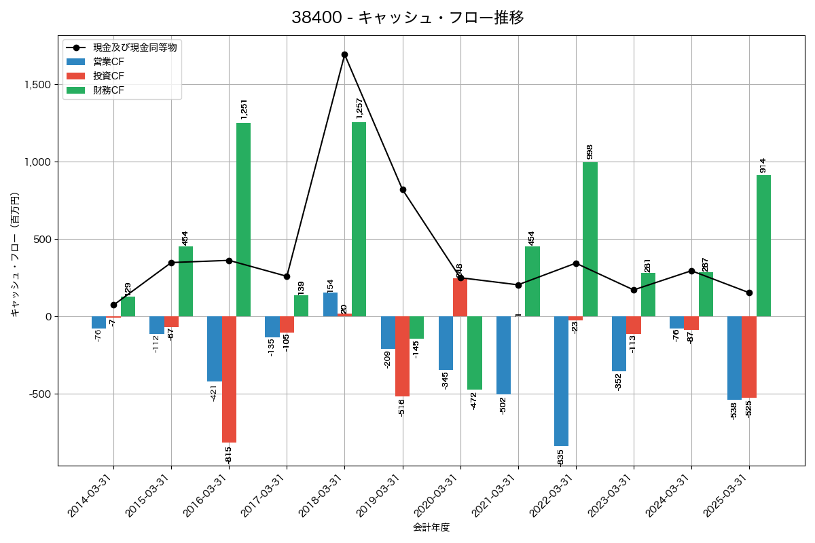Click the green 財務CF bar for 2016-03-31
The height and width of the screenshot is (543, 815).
pyautogui.click(x=243, y=219)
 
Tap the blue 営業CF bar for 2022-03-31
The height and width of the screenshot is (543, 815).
pyautogui.click(x=561, y=381)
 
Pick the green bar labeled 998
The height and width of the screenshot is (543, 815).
pyautogui.click(x=590, y=239)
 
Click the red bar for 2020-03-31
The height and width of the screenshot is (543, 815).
pyautogui.click(x=460, y=297)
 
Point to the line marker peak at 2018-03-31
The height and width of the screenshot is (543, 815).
pyautogui.click(x=344, y=54)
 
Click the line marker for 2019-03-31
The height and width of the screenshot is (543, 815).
pyautogui.click(x=403, y=190)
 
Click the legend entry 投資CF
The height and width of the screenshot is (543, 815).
pyautogui.click(x=109, y=75)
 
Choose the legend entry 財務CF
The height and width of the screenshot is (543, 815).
pyautogui.click(x=109, y=90)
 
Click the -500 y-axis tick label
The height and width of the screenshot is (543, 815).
pyautogui.click(x=39, y=394)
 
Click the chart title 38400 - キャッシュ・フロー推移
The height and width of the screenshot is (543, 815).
pyautogui.click(x=407, y=18)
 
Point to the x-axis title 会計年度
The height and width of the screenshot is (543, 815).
pyautogui.click(x=431, y=527)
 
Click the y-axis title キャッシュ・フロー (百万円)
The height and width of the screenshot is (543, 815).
pyautogui.click(x=15, y=255)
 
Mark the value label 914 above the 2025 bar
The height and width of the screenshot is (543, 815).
pyautogui.click(x=763, y=165)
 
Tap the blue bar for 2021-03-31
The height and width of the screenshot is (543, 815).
pyautogui.click(x=503, y=355)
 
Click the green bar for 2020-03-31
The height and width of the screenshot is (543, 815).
pyautogui.click(x=475, y=353)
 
